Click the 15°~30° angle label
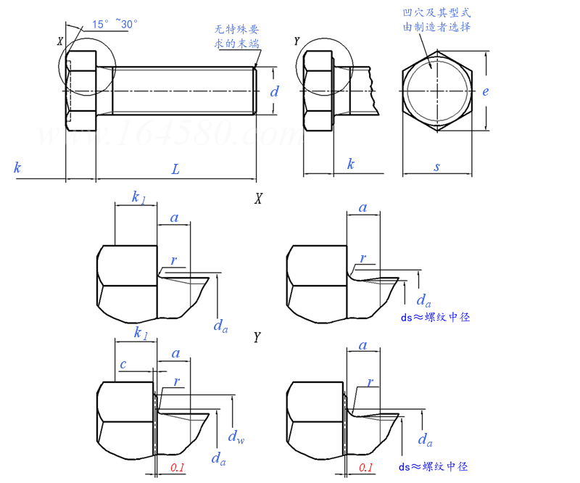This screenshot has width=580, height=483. tap(115, 24)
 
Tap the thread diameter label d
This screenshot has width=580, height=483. tap(274, 91)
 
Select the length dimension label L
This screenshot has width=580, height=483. tap(175, 169)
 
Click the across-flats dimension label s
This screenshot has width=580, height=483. tap(437, 167)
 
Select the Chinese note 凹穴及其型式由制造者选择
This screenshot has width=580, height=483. tap(437, 20)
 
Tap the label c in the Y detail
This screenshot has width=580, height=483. tap(123, 364)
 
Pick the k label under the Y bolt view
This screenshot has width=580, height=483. tap(350, 164)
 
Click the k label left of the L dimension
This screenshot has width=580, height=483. tap(17, 168)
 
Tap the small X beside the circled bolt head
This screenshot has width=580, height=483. tap(60, 41)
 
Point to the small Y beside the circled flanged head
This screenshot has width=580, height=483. tap(297, 41)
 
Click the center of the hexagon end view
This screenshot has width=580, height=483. tap(437, 91)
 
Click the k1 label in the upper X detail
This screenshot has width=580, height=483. tap(138, 197)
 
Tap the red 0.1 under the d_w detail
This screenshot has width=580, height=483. tap(178, 468)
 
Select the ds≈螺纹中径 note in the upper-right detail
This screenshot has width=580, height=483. tap(434, 318)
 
